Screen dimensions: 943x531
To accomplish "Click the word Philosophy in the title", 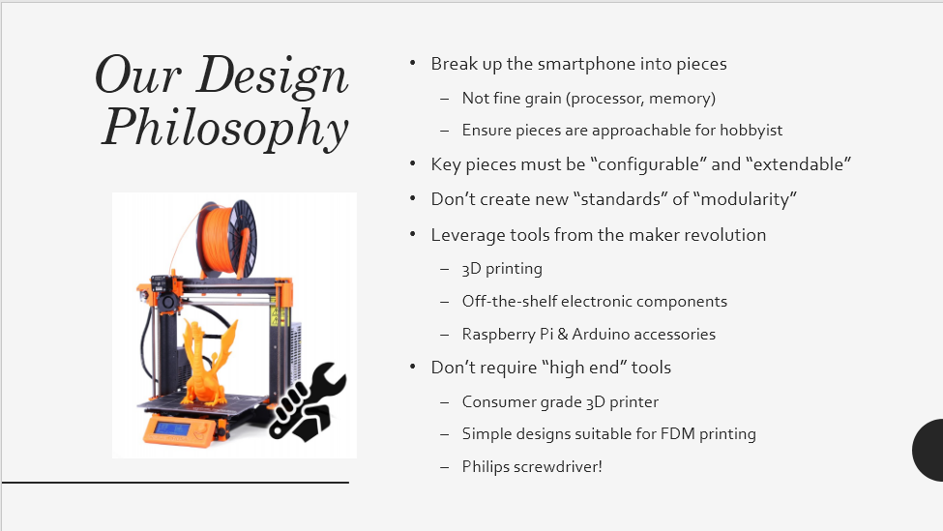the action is [x=225, y=128].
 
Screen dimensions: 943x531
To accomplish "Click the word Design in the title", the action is [x=272, y=76].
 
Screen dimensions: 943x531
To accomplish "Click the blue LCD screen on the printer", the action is [x=172, y=428].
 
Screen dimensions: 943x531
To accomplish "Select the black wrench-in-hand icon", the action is [x=308, y=401].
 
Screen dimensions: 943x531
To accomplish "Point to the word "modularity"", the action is [x=745, y=199].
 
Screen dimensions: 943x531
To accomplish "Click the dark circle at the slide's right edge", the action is [x=928, y=451].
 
